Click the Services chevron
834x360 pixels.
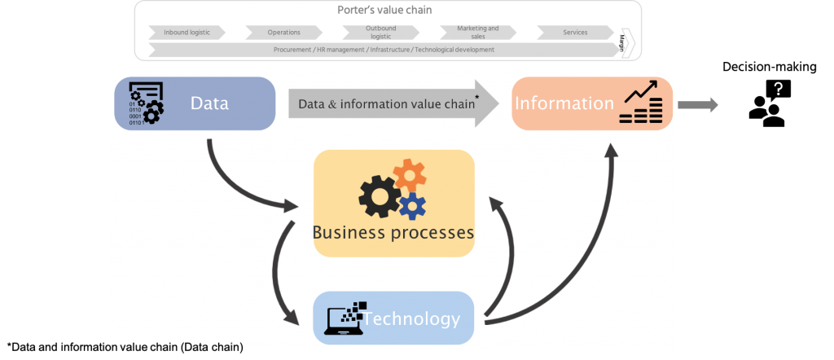pyautogui.click(x=575, y=33)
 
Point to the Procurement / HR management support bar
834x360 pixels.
pyautogui.click(x=384, y=50)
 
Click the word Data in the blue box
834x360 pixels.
pyautogui.click(x=209, y=103)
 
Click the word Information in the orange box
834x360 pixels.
pyautogui.click(x=564, y=103)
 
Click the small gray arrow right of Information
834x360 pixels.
pyautogui.click(x=697, y=104)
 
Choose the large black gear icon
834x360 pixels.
pyautogui.click(x=380, y=195)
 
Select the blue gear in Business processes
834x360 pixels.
pyautogui.click(x=412, y=205)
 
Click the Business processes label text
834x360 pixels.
pyautogui.click(x=393, y=233)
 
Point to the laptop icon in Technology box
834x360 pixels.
pyautogui.click(x=343, y=317)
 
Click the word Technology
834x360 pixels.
pyautogui.click(x=411, y=318)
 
